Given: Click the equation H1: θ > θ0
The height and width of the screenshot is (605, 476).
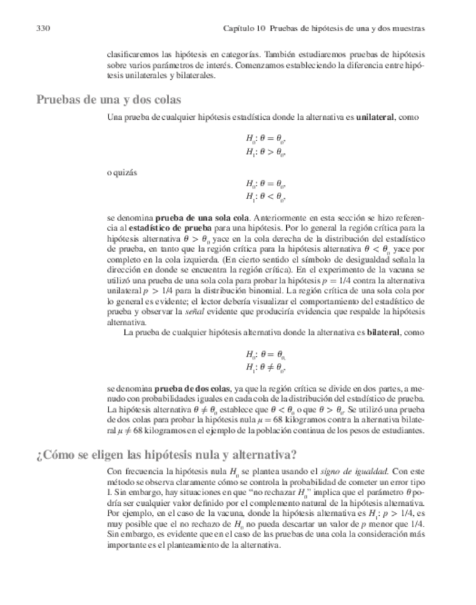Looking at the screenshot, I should click(x=265, y=151).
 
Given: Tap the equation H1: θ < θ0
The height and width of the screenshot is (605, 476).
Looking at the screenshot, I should click(x=265, y=197).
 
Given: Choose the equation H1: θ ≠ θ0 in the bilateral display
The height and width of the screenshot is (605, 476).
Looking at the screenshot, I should click(x=265, y=368).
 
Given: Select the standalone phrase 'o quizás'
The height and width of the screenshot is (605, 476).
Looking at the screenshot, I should click(x=123, y=173).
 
